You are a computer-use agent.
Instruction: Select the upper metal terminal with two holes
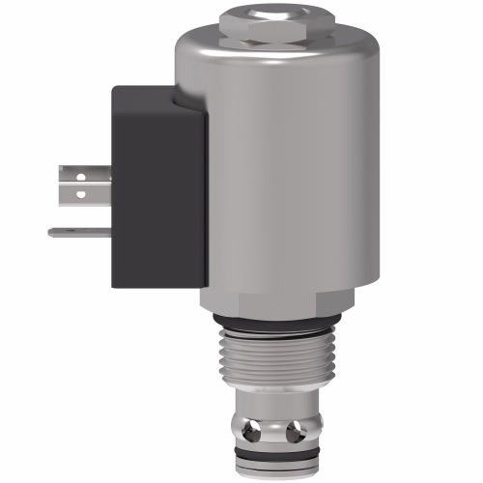(81, 185)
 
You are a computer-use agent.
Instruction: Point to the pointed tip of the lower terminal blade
(51, 232)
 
